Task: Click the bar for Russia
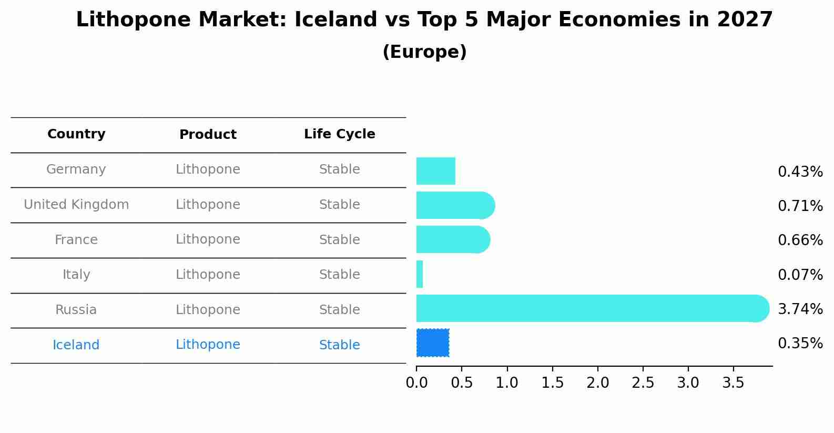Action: [593, 308]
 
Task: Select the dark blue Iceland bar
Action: [433, 343]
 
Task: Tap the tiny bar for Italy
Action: [420, 274]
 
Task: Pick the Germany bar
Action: [435, 171]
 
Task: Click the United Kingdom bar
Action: [456, 205]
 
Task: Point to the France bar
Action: [453, 239]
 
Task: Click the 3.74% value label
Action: [800, 309]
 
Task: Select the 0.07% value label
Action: [800, 275]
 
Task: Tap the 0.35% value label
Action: [800, 343]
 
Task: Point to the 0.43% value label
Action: [800, 172]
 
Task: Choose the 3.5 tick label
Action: [733, 382]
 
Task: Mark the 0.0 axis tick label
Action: [416, 382]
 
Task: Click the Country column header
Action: [76, 134]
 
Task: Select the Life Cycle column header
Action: [340, 134]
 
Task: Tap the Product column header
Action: [208, 134]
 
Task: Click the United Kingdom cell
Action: [76, 205]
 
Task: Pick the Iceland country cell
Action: [76, 345]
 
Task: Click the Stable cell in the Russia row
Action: [340, 310]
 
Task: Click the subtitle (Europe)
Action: [424, 52]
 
